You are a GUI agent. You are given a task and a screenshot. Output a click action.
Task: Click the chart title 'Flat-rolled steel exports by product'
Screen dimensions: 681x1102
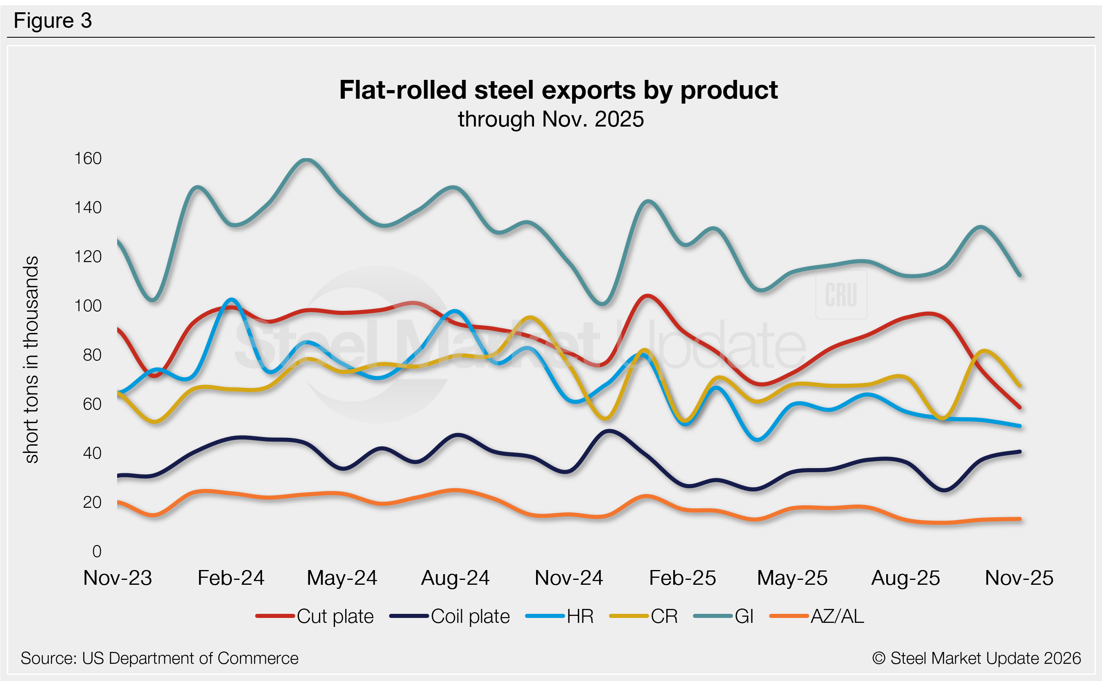[558, 90]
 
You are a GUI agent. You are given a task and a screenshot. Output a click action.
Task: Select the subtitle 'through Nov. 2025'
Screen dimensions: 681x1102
[551, 119]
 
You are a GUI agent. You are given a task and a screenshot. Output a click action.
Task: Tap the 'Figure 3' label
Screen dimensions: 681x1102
[53, 21]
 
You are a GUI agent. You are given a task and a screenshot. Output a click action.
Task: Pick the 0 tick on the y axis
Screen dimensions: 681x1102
[96, 551]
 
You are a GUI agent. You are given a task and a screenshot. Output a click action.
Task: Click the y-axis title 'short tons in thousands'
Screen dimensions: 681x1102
[32, 360]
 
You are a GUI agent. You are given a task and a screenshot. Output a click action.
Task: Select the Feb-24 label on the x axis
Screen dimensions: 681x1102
[231, 578]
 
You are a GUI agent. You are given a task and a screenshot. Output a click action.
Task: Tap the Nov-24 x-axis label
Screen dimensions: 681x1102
[568, 578]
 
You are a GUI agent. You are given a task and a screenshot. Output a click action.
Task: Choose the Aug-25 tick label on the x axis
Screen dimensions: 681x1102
[906, 578]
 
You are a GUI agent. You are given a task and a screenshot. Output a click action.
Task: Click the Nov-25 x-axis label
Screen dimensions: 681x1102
[1019, 578]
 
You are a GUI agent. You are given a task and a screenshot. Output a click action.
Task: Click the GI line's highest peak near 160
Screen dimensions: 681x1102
[307, 160]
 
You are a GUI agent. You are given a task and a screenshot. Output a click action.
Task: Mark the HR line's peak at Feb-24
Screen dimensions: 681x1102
[231, 299]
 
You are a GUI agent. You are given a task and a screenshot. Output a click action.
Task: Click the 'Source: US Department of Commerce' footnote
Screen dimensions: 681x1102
[159, 658]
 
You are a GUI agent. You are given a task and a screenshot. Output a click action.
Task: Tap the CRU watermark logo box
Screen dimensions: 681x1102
[841, 295]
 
